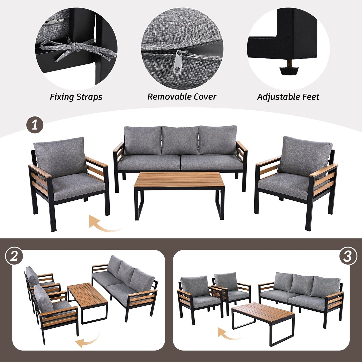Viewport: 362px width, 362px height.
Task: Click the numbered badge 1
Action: click(x=35, y=125)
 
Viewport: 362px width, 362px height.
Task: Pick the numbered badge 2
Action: click(x=14, y=256)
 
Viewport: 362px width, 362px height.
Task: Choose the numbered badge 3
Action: click(x=348, y=256)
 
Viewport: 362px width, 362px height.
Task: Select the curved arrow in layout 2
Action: click(x=88, y=341)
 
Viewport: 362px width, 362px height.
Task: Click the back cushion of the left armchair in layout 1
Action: click(x=59, y=155)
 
